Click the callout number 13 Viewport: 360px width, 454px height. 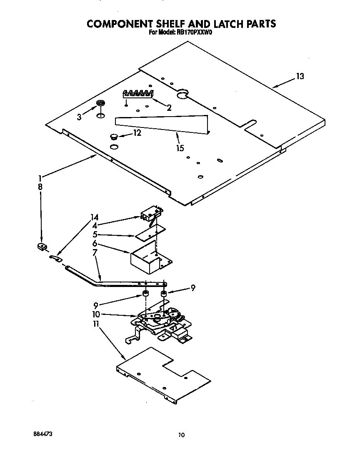click(x=300, y=76)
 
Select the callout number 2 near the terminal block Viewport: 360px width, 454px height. click(x=169, y=108)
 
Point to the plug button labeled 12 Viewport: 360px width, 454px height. click(x=114, y=136)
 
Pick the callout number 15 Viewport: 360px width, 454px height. click(x=180, y=148)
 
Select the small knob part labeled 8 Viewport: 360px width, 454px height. click(x=42, y=247)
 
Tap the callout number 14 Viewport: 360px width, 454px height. click(x=95, y=217)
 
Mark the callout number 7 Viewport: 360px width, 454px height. click(x=95, y=253)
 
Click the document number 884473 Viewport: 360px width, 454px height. click(x=42, y=434)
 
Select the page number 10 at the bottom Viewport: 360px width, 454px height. click(x=181, y=436)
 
